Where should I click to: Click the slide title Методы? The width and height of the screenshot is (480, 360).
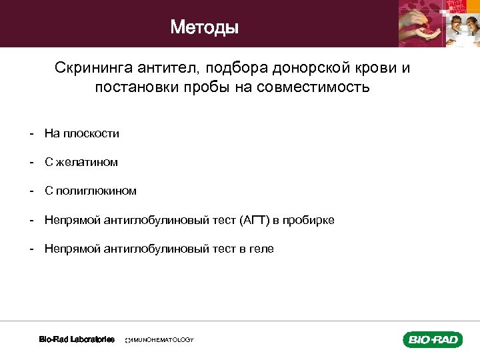click(x=205, y=27)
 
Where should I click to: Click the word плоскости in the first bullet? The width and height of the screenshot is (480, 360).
click(x=91, y=133)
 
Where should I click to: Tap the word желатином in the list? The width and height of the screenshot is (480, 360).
click(x=87, y=162)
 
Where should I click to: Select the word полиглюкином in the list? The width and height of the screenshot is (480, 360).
click(x=96, y=191)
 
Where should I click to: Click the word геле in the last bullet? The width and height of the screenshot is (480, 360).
click(x=261, y=249)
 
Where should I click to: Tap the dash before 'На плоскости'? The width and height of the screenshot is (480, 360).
click(x=31, y=133)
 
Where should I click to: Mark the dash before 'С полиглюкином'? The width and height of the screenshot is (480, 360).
click(x=31, y=191)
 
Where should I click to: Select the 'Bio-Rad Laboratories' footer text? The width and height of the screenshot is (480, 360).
click(x=77, y=339)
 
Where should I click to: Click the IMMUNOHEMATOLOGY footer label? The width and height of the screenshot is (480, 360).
click(x=160, y=340)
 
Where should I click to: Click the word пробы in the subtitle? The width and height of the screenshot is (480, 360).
click(x=207, y=87)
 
